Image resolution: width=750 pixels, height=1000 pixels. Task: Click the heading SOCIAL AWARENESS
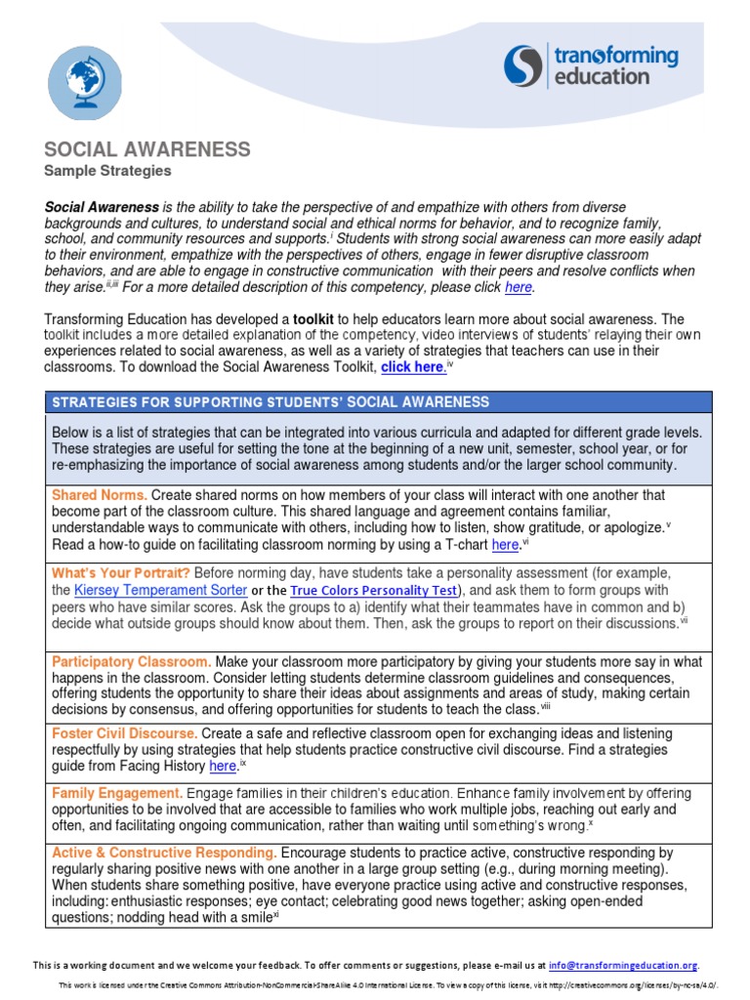point(146,149)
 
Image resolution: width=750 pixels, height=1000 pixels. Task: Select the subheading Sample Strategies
point(107,171)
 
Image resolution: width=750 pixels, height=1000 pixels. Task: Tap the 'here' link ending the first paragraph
point(519,287)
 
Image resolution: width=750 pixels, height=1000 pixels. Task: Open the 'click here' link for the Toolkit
point(412,367)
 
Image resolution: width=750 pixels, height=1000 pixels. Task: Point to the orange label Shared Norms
point(100,495)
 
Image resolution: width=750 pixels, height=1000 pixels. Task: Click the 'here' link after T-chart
point(505,545)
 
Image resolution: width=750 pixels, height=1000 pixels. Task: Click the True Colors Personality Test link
point(373,591)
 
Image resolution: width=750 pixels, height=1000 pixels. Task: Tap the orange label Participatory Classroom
point(131,662)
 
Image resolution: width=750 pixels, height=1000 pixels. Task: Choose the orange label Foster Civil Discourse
point(125,732)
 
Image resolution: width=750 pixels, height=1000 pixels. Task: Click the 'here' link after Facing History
point(224,767)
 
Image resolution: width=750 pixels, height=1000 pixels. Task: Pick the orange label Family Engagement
point(117,792)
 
